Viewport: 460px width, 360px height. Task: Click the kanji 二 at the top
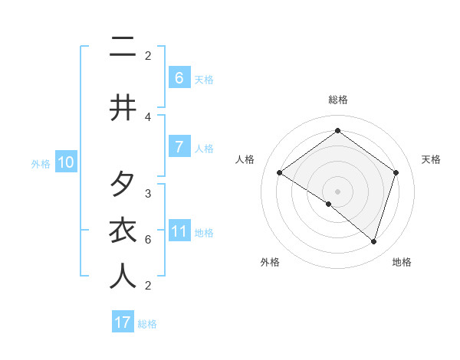click(x=122, y=47)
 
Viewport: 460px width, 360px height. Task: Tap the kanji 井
click(x=122, y=108)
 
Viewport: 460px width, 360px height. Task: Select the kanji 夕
click(x=122, y=185)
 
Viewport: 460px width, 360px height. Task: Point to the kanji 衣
click(x=122, y=231)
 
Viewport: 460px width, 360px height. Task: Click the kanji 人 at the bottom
click(x=122, y=277)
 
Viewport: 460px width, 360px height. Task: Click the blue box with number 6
click(x=179, y=77)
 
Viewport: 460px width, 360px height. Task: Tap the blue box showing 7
click(x=179, y=146)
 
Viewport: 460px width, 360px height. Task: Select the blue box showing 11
click(x=179, y=231)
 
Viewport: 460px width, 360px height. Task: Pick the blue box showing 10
click(x=65, y=162)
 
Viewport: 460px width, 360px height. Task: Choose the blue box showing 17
click(x=123, y=322)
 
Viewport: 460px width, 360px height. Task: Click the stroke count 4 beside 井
click(x=148, y=116)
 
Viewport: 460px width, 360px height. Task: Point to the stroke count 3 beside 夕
click(x=148, y=194)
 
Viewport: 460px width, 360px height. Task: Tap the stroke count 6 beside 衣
click(x=148, y=240)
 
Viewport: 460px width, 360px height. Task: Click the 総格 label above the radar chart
click(x=337, y=100)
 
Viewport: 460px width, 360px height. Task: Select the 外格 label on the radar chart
click(x=270, y=262)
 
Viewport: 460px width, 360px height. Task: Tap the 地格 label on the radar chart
click(x=402, y=262)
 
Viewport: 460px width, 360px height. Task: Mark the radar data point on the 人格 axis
click(x=279, y=173)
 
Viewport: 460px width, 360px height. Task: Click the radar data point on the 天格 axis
click(x=396, y=173)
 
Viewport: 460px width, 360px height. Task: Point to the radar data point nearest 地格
click(x=373, y=241)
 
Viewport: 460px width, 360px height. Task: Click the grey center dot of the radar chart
click(x=337, y=191)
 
